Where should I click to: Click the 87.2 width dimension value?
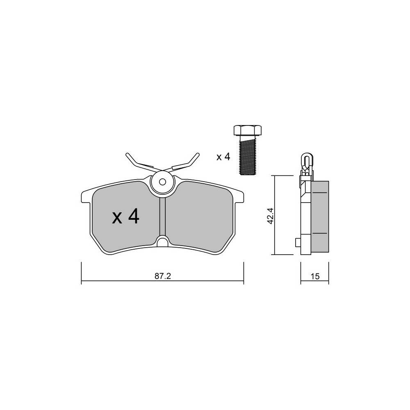163,276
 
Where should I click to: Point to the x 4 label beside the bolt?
223,157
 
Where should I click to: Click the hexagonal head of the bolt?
247,131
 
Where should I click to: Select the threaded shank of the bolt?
247,156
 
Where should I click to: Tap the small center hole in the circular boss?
163,182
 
